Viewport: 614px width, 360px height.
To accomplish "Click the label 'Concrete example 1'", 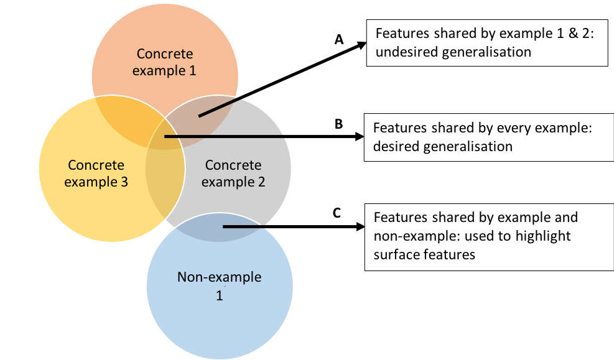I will point(165,62).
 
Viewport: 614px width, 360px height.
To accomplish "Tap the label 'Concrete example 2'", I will point(233,173).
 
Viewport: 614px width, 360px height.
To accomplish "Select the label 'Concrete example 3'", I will point(96,173).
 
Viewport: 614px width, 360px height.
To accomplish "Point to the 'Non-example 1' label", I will point(219,286).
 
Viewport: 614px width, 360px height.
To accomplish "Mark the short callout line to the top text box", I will point(219,107).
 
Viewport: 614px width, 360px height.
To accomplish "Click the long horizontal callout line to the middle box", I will point(224,136).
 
